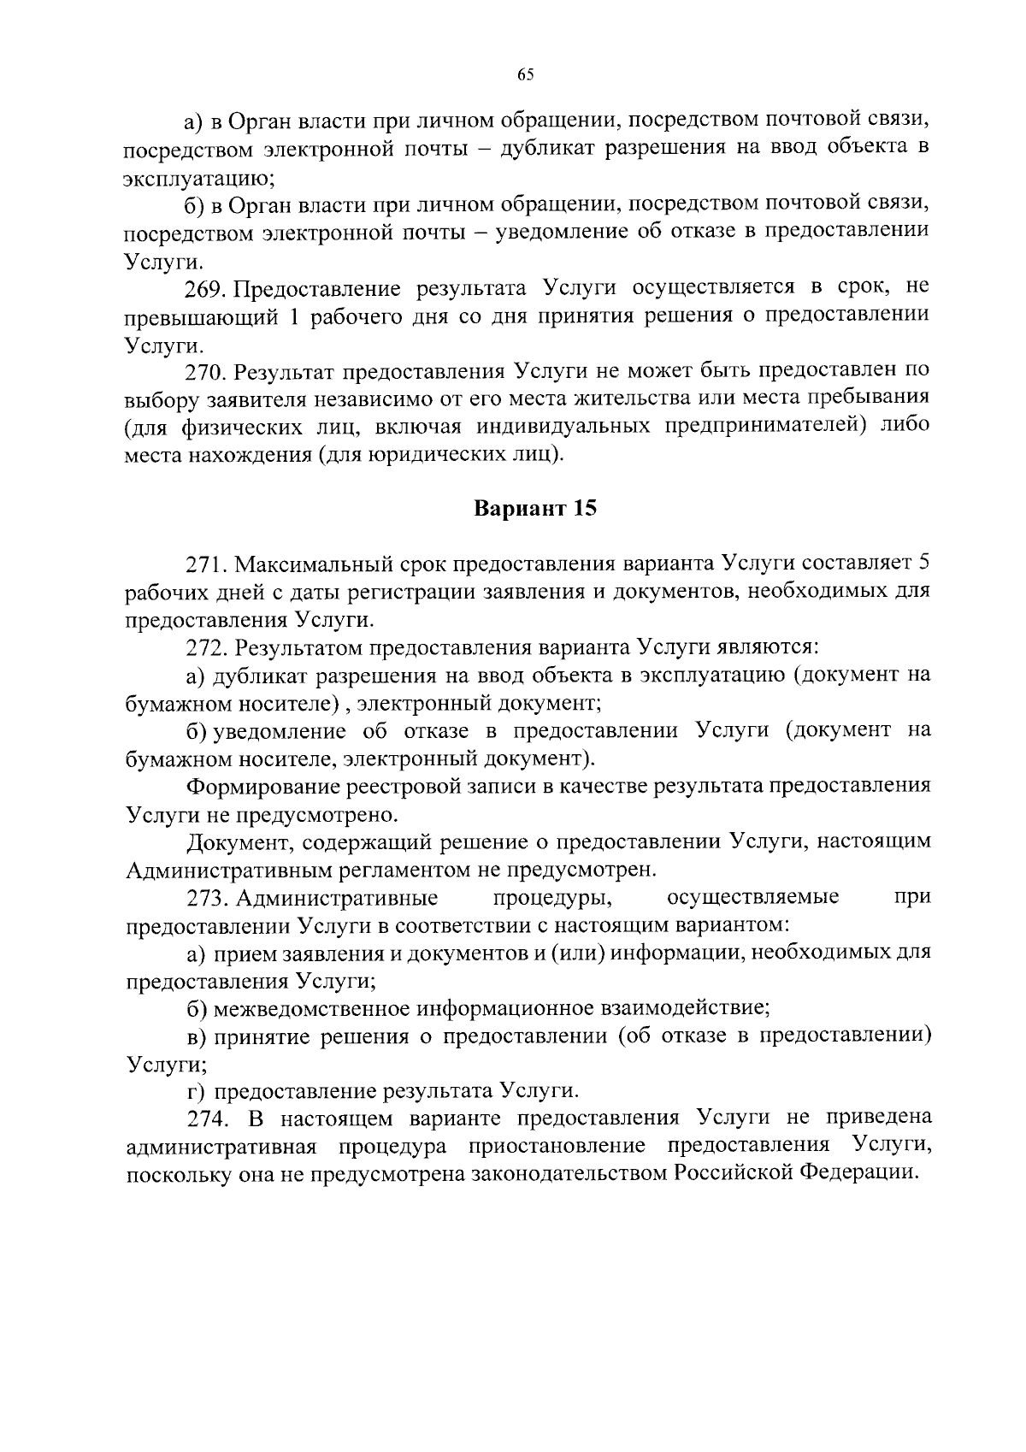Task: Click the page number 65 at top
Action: (x=525, y=75)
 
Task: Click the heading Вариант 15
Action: (x=534, y=509)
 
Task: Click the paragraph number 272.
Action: (x=206, y=647)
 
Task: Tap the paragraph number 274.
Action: (x=206, y=1119)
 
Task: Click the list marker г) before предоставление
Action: (x=197, y=1091)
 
